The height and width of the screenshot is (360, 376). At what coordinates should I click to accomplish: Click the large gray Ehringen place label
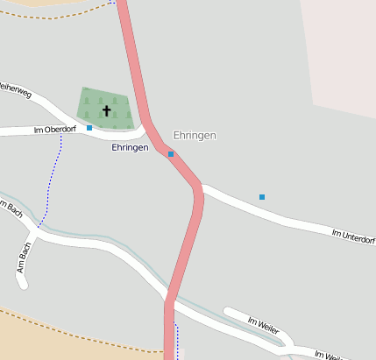coord(195,136)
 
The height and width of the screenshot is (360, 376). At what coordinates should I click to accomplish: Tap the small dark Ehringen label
coord(130,148)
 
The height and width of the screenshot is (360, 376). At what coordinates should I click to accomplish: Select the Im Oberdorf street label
coord(54,130)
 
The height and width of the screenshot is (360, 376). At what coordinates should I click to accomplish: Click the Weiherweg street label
coord(16,88)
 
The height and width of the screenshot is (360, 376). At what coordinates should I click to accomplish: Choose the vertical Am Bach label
coord(24,259)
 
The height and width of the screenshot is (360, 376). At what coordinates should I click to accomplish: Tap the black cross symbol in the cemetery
coord(107,110)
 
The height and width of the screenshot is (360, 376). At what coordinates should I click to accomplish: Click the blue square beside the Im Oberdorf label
coord(89,128)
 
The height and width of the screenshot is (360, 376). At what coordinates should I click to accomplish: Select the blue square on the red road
coord(171,154)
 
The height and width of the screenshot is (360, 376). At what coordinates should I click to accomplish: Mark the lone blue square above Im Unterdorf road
coord(261,197)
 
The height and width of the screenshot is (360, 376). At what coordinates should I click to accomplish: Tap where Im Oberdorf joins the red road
coord(148,130)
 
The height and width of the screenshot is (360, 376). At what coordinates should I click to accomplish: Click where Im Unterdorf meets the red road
coord(202,187)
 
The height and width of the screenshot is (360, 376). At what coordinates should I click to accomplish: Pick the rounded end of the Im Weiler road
coord(229,312)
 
